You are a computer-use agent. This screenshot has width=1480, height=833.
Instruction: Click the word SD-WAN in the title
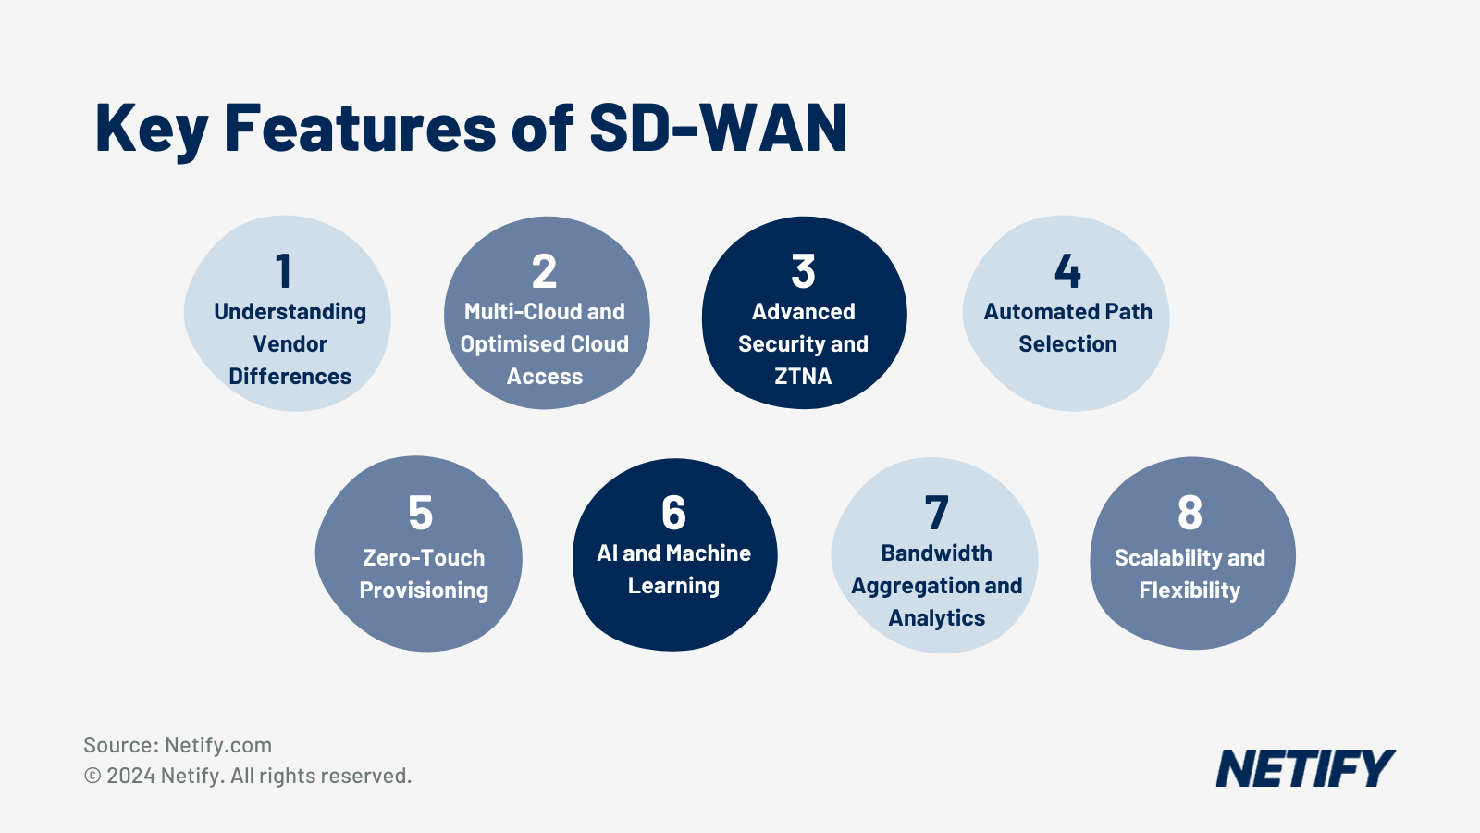[x=718, y=128]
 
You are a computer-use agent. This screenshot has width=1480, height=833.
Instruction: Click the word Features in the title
[x=360, y=128]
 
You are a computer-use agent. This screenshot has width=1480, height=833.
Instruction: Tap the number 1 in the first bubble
[x=284, y=272]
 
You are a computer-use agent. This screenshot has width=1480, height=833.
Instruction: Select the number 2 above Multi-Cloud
[x=544, y=272]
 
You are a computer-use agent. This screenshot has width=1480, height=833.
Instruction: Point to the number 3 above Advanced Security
[x=803, y=272]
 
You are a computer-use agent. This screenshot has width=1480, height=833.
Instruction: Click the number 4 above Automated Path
[x=1067, y=272]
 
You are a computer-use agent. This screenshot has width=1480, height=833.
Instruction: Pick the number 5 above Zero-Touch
[x=421, y=513]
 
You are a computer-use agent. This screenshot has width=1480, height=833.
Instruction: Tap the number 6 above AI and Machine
[x=673, y=513]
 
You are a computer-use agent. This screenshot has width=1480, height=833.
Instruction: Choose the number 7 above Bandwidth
[x=936, y=513]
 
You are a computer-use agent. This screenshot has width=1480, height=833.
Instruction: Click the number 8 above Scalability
[x=1190, y=513]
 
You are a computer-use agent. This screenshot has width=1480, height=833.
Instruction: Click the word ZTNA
[x=803, y=377]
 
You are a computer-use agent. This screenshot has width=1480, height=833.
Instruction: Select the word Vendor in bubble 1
[x=290, y=344]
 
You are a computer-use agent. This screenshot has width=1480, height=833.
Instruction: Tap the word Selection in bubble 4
[x=1067, y=344]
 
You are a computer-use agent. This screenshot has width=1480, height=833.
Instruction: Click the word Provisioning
[x=424, y=591]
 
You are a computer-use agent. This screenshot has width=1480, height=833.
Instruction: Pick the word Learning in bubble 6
[x=673, y=586]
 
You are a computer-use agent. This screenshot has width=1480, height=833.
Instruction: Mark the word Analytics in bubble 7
[x=936, y=618]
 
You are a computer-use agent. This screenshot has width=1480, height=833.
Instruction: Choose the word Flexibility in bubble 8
[x=1190, y=591]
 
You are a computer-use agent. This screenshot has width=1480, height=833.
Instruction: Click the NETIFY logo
[x=1304, y=769]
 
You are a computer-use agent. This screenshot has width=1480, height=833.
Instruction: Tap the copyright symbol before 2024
[x=92, y=776]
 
